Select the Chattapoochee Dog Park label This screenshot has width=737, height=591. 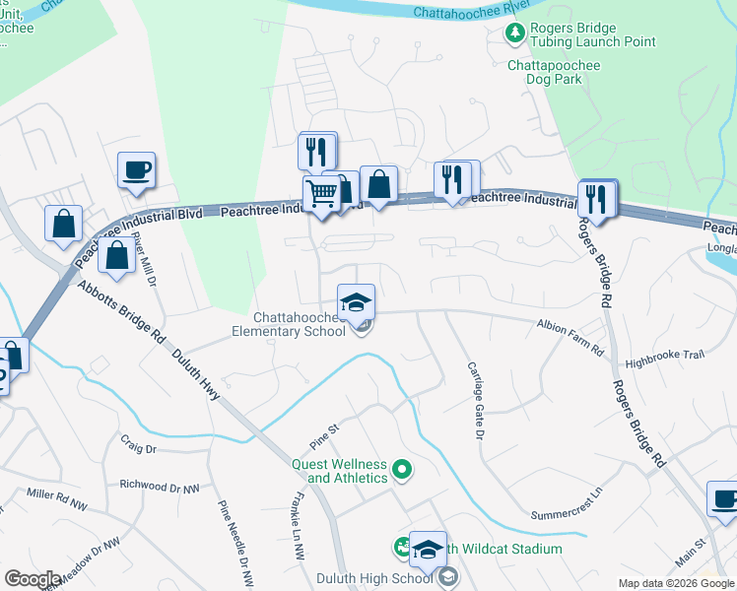coord(553,75)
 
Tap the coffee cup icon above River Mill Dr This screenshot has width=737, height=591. coord(136,168)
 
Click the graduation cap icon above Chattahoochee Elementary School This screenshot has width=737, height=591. coord(356,299)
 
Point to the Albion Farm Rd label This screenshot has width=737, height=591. coord(569,325)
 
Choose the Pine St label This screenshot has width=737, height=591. coord(323,431)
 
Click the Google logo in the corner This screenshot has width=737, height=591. coord(33,578)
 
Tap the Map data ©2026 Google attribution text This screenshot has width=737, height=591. coord(675,583)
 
